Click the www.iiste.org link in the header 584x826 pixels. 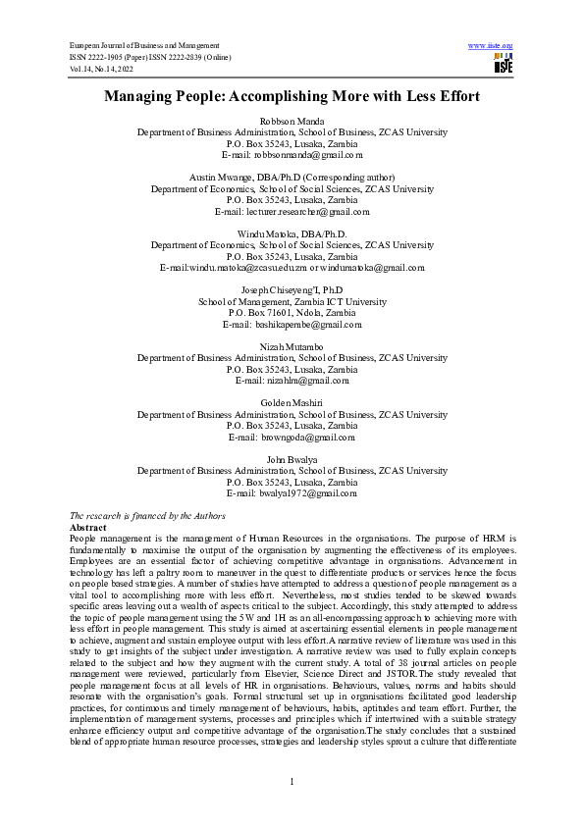tap(492, 46)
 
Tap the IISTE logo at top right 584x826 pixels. tap(504, 64)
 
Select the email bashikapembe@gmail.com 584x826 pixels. tap(308, 325)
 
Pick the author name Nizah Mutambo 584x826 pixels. tap(292, 347)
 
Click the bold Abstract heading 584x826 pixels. tap(90, 528)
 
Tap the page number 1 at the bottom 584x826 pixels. tap(292, 781)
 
